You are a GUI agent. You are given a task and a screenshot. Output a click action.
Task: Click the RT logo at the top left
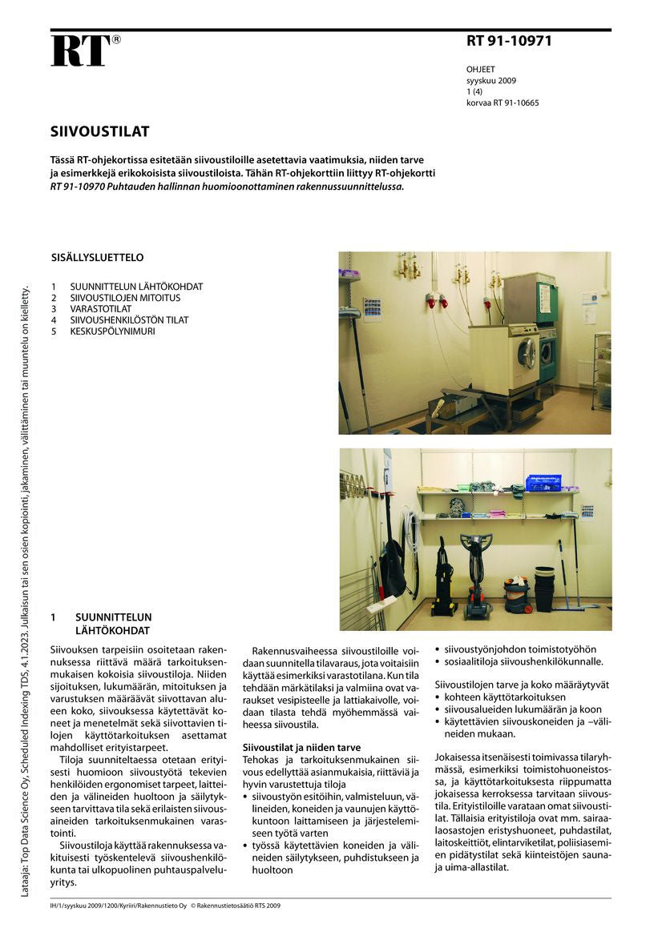pyautogui.click(x=80, y=50)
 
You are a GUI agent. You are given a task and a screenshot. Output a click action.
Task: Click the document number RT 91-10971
pyautogui.click(x=509, y=42)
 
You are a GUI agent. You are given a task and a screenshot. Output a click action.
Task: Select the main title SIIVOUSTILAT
pyautogui.click(x=99, y=131)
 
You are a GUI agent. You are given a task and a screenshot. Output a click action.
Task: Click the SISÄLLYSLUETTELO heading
pyautogui.click(x=97, y=258)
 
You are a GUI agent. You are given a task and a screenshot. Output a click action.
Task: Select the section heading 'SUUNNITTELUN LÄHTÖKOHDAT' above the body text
pyautogui.click(x=113, y=624)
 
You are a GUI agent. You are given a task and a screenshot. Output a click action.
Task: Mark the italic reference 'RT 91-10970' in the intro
pyautogui.click(x=79, y=187)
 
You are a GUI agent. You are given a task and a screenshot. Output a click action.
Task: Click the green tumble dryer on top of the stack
pyautogui.click(x=529, y=299)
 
